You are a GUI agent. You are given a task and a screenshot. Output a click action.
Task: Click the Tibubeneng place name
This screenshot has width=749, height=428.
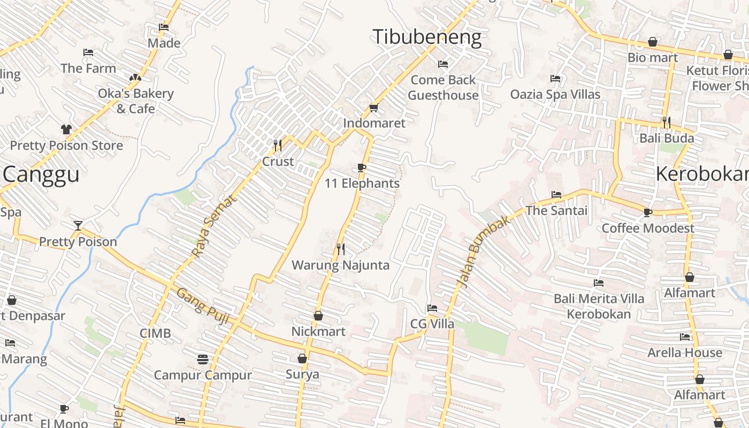click(x=427, y=37)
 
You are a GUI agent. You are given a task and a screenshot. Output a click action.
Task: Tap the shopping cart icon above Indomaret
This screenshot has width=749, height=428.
click(x=373, y=108)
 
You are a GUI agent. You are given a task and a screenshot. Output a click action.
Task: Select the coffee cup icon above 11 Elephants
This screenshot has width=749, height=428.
click(x=362, y=167)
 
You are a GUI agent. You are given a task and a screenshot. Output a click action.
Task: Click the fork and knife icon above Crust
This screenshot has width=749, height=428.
click(x=278, y=145)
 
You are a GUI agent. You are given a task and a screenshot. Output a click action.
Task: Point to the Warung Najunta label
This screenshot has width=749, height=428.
click(x=340, y=265)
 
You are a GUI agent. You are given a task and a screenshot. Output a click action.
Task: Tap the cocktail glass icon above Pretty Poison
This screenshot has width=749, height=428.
click(x=78, y=225)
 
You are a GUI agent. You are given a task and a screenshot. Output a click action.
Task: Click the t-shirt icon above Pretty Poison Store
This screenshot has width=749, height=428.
click(x=66, y=129)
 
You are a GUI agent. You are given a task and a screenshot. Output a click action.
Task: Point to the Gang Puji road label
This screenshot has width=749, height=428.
click(x=203, y=306)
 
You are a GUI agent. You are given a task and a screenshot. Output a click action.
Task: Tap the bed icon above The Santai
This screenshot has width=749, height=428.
click(x=556, y=195)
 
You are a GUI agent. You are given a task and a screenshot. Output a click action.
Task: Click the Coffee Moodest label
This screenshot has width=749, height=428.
click(x=648, y=228)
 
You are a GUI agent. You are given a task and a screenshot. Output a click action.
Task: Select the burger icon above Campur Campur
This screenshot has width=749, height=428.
click(x=202, y=359)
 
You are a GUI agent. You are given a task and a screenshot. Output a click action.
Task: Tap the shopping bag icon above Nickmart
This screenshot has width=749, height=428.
click(x=318, y=316)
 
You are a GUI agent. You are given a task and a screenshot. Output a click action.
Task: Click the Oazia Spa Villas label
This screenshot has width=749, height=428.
click(x=555, y=94)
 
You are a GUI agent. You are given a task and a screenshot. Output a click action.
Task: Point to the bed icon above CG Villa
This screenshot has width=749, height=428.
click(x=432, y=308)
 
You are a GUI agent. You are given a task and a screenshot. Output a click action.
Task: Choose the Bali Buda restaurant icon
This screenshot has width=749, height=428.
click(x=666, y=123)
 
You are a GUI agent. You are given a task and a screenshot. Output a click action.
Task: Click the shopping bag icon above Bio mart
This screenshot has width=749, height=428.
click(x=653, y=41)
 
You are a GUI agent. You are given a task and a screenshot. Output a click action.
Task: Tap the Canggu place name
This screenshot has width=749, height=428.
click(x=41, y=174)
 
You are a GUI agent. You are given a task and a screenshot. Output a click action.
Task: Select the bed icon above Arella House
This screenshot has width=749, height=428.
click(x=685, y=337)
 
